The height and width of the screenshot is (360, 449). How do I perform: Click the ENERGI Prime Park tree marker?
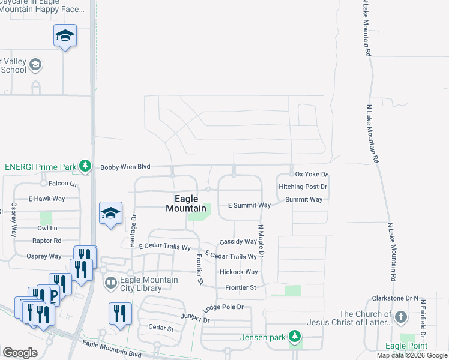point(86,166)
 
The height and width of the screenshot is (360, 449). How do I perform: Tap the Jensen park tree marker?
point(294,337)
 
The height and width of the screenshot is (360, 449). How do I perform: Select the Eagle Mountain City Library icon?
point(110,283)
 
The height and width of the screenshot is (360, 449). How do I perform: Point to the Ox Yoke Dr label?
point(312,174)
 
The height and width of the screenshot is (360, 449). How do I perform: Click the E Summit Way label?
point(249,205)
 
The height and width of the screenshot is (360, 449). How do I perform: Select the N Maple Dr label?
point(261,242)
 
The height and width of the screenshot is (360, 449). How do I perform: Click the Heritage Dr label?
point(133,230)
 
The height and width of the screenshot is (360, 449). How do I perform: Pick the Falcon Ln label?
point(63,184)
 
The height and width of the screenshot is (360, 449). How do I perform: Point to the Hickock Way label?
point(238,272)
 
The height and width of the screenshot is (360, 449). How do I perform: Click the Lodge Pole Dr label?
point(223,307)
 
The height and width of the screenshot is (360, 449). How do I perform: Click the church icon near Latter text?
point(400,316)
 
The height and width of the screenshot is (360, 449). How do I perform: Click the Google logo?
point(20,352)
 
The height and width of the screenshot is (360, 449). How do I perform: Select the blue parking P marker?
point(55,295)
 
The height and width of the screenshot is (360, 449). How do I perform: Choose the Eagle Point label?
point(406,346)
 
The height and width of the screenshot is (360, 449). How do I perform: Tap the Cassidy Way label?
point(238,241)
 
